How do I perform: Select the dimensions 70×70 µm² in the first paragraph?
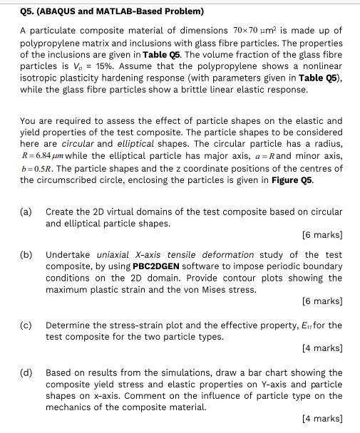259,31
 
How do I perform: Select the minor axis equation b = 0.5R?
41,168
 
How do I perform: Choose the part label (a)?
26,212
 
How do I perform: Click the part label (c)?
26,325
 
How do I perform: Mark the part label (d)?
26,372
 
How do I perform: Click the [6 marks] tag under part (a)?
322,235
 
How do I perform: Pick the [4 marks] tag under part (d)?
322,419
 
